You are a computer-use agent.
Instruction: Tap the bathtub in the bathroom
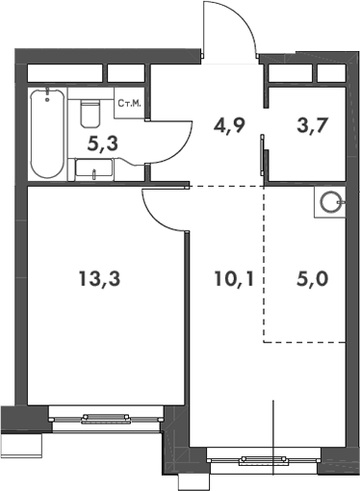pos(45,135)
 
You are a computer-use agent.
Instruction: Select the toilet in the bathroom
pos(90,112)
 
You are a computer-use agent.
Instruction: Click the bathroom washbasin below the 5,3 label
pos(93,171)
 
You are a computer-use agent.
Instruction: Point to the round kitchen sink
pos(331,202)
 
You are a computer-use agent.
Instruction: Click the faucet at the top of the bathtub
pos(45,94)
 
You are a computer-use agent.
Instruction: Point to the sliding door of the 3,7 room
pos(264,154)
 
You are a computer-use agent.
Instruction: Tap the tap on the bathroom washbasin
pos(93,174)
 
